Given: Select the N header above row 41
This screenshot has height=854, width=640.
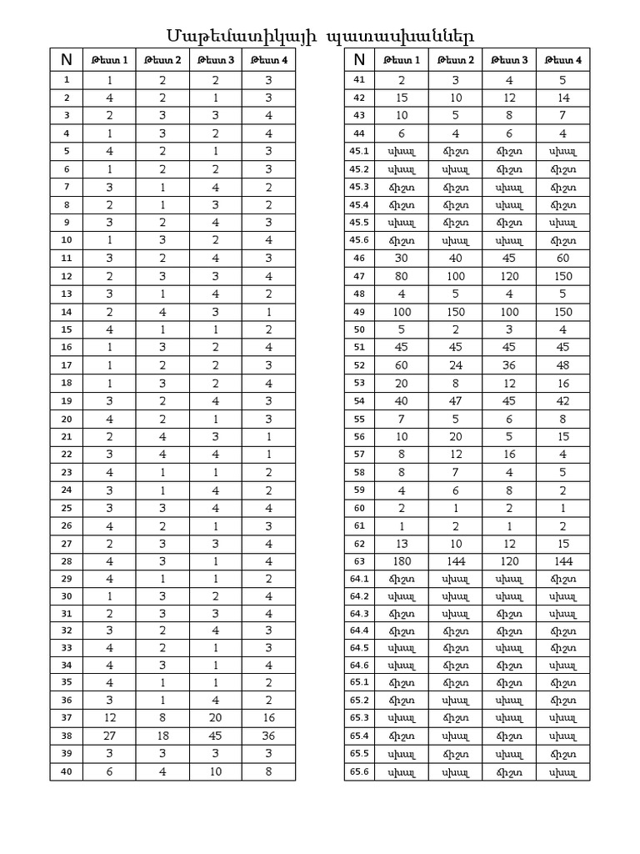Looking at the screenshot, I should [360, 59].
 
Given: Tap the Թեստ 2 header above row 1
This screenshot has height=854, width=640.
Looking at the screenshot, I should [163, 60].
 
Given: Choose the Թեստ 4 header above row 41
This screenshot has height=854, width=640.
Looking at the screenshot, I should [562, 60].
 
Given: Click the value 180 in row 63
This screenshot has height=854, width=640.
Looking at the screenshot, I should [402, 560].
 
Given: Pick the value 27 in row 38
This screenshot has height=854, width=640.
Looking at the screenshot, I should [110, 736].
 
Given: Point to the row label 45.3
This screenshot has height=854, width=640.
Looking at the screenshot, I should [360, 187].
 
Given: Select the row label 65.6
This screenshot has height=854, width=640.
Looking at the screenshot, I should [360, 772].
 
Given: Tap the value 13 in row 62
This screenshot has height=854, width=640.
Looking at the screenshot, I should [402, 543].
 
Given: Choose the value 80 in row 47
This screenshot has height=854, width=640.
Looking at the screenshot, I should [402, 276].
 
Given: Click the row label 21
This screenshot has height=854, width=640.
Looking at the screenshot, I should [67, 436].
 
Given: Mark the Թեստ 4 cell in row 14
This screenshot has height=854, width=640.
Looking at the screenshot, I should [268, 312].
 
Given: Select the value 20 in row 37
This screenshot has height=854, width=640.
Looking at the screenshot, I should [216, 718].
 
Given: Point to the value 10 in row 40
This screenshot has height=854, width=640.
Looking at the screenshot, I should [216, 772].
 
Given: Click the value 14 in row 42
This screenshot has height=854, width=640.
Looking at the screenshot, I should [562, 98].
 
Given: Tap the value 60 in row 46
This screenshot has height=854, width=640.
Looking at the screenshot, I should [562, 259].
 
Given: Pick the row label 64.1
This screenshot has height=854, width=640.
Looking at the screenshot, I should [360, 578].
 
